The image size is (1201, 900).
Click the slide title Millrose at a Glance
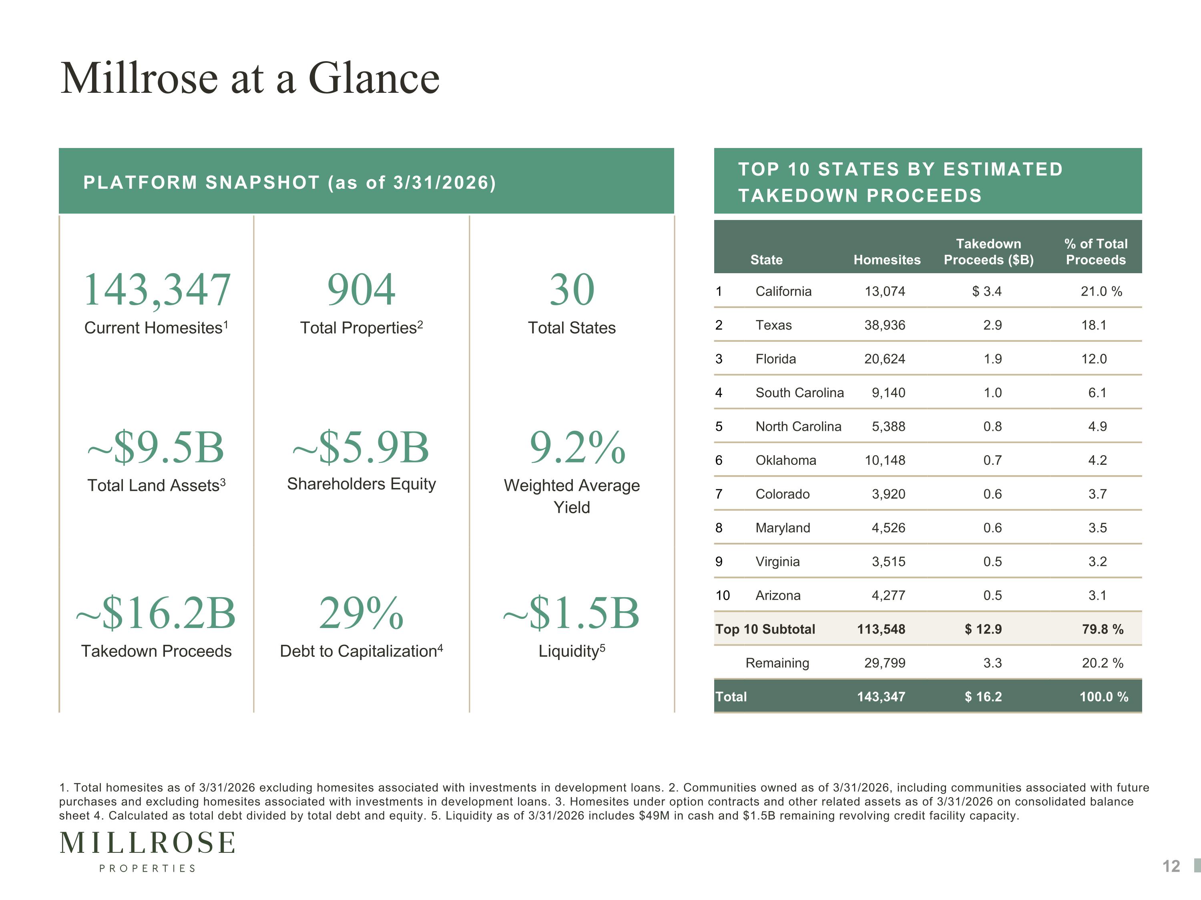pos(250,78)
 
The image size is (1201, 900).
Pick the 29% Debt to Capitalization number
pos(361,613)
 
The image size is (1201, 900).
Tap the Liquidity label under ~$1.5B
pos(572,650)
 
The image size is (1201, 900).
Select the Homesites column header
pos(887,260)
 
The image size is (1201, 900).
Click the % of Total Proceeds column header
pos(1096,252)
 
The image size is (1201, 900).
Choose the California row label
pos(783,291)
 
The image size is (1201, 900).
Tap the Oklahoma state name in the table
pos(785,460)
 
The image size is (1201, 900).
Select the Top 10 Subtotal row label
pos(765,629)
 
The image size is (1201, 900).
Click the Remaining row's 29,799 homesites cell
pos(884,663)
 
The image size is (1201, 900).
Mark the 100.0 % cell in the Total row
pos(1103,696)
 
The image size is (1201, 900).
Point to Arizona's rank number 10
pos(722,595)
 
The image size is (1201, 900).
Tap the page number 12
pos(1171,866)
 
